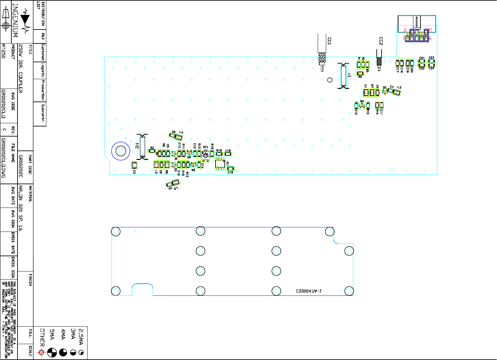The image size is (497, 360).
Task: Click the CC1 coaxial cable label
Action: (329, 41)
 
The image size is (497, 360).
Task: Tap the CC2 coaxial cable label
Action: (381, 41)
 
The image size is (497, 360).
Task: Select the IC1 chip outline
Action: (220, 164)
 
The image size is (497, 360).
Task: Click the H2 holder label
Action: (137, 146)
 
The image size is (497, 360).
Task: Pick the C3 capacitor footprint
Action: (134, 165)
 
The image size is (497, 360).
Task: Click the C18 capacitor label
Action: (230, 173)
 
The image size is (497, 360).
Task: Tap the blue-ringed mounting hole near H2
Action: (121, 151)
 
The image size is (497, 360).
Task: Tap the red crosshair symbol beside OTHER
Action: (41, 353)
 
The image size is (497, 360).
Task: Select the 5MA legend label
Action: (52, 334)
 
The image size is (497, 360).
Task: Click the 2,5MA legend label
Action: (81, 337)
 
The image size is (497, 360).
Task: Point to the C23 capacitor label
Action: (431, 58)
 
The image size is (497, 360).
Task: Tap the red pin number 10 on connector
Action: (430, 30)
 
